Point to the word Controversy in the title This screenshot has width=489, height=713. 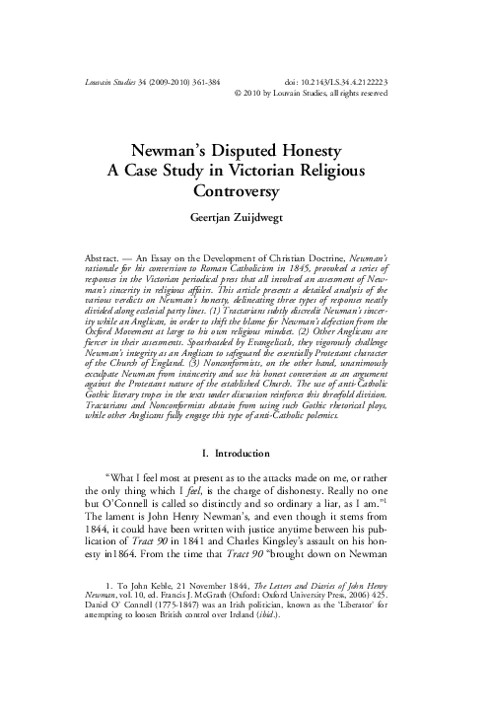click(x=244, y=190)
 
